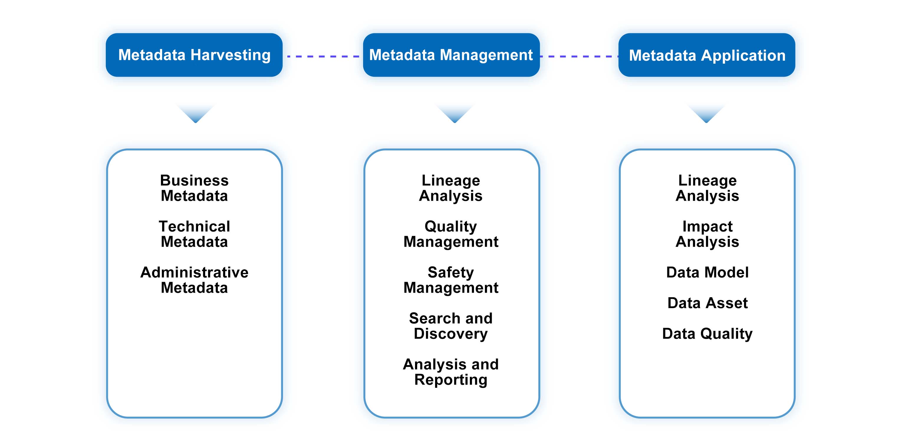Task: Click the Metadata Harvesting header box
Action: click(194, 55)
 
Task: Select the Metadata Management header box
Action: click(451, 55)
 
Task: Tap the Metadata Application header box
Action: click(707, 55)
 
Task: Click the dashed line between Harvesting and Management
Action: click(322, 56)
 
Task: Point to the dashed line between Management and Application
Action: click(579, 56)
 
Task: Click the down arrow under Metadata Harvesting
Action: click(195, 114)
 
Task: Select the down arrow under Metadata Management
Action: click(455, 114)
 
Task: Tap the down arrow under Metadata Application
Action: click(706, 114)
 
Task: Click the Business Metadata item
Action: click(194, 188)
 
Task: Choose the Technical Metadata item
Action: click(194, 234)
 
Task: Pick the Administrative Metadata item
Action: click(194, 280)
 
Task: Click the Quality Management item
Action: click(451, 234)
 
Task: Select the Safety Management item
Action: click(451, 280)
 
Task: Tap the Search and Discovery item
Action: click(451, 326)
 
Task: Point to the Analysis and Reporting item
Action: click(451, 372)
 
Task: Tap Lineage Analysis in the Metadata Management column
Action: click(451, 188)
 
